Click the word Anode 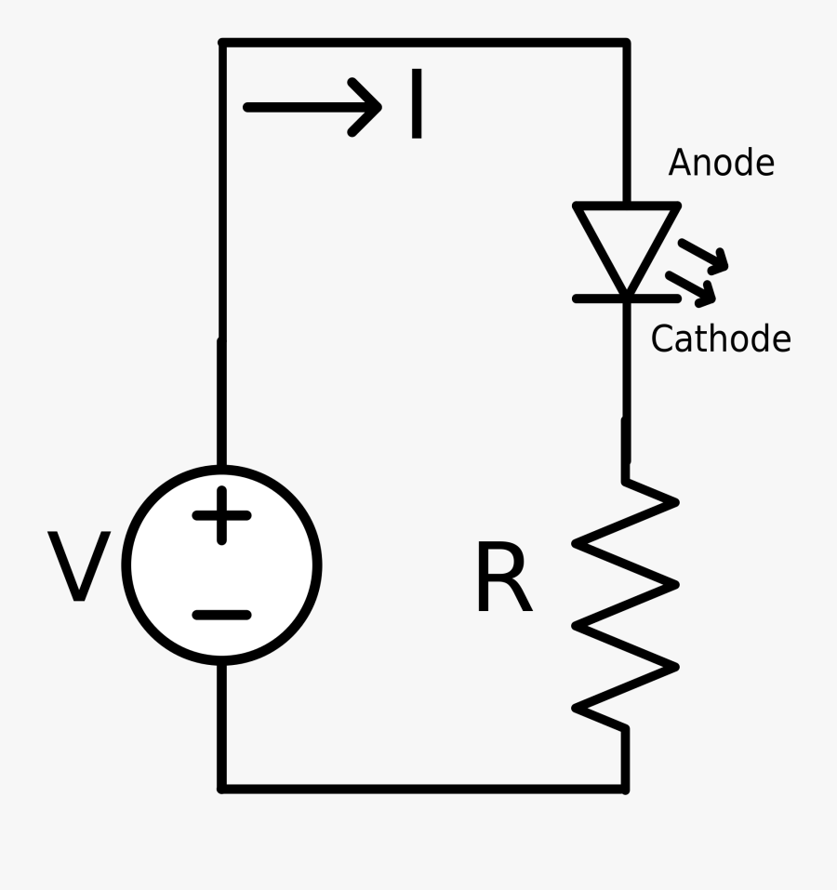[721, 163]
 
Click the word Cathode [720, 339]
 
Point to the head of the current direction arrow [372, 107]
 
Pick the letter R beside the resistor [502, 582]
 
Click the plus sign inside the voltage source [221, 514]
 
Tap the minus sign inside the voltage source [221, 615]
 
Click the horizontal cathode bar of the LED [626, 298]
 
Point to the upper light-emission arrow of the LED [704, 256]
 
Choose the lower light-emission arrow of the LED [694, 288]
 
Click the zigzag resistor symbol [626, 604]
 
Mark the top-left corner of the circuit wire [222, 43]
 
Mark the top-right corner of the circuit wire [626, 43]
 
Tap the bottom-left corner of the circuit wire [222, 789]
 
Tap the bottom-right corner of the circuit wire [626, 789]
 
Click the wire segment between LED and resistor [626, 391]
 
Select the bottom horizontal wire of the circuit [423, 789]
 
